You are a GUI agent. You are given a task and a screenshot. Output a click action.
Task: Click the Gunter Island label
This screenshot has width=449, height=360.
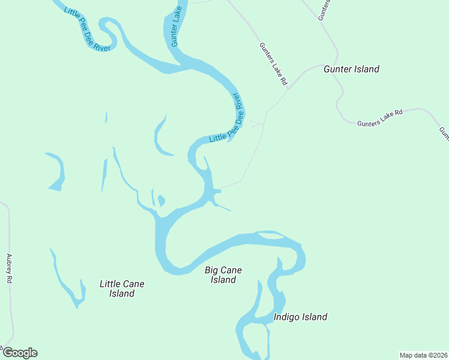tap(351, 69)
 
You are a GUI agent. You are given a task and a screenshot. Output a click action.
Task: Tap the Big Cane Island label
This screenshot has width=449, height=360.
tap(223, 275)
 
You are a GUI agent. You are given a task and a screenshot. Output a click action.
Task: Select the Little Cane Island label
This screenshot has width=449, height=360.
tap(122, 289)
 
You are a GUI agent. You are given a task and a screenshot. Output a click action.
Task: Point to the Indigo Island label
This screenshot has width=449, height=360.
tap(300, 317)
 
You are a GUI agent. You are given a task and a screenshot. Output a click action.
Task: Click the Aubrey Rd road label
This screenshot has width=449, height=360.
tap(9, 268)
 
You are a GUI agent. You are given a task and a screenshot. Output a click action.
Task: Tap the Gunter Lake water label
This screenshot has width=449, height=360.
tap(176, 27)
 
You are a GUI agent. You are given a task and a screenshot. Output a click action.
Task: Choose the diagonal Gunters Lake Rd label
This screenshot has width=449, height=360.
tap(274, 63)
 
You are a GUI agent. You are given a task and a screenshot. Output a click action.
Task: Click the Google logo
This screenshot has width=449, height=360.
tap(20, 353)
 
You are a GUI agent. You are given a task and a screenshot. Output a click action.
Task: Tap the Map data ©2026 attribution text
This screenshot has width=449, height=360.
tap(423, 355)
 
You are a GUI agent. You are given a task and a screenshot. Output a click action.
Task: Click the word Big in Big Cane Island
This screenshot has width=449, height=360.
tap(211, 270)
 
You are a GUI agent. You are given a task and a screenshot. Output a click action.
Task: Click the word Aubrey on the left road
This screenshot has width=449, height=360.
tap(9, 265)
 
